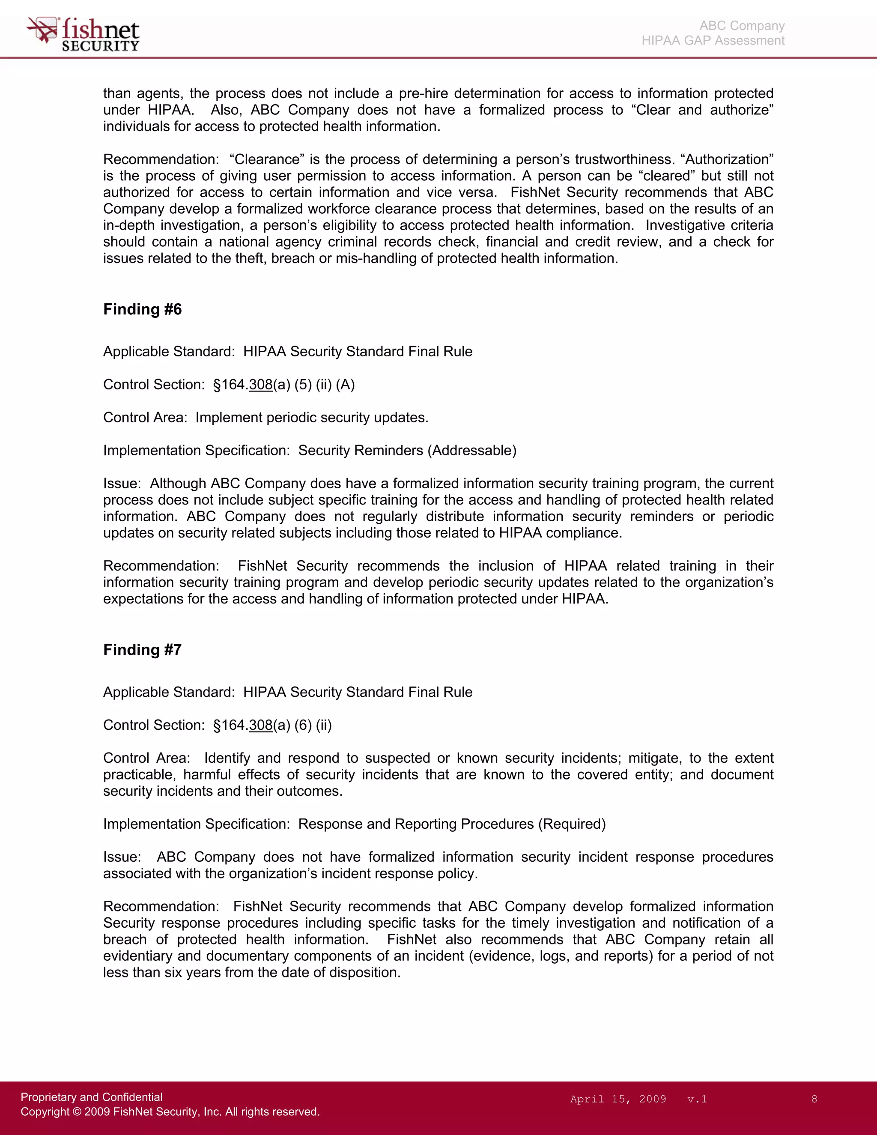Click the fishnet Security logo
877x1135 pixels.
point(83,34)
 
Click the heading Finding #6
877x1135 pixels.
point(142,309)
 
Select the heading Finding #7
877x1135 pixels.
point(142,650)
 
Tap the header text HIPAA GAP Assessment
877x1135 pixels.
point(713,41)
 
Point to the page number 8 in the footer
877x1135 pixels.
point(814,1099)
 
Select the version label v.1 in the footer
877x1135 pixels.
point(697,1099)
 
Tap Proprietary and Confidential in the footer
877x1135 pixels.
point(92,1096)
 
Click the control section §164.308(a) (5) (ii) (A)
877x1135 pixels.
point(283,385)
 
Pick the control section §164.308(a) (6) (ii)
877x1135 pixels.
point(272,725)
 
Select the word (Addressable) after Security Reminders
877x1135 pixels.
point(472,450)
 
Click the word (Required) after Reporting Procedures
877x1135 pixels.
point(572,824)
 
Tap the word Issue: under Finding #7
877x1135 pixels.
point(122,857)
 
